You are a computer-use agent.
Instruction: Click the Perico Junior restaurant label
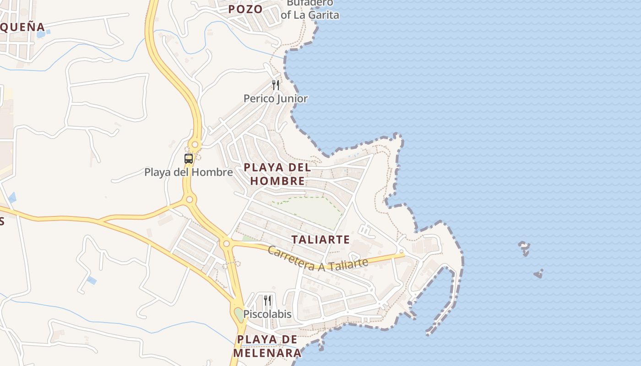[276, 98]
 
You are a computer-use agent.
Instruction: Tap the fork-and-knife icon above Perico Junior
[276, 85]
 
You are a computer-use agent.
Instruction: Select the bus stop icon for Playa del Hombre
[189, 159]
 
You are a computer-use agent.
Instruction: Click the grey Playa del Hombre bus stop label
[189, 172]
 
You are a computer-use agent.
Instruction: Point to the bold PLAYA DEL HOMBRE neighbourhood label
[277, 174]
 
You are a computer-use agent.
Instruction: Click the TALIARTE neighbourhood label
[320, 239]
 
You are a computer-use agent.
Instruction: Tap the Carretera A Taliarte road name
[318, 259]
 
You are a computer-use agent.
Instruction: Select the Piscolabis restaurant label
[267, 314]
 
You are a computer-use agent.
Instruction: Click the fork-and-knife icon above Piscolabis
[267, 301]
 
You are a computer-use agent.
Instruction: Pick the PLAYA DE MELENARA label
[267, 346]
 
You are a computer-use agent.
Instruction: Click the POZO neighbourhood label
[245, 9]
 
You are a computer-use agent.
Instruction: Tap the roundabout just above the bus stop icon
[195, 145]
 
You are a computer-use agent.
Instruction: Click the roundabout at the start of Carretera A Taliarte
[226, 243]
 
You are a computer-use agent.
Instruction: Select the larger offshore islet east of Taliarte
[525, 248]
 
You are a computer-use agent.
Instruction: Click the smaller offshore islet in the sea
[538, 274]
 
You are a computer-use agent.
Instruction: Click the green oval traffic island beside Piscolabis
[239, 315]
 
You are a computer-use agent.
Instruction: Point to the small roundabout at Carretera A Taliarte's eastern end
[402, 251]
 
